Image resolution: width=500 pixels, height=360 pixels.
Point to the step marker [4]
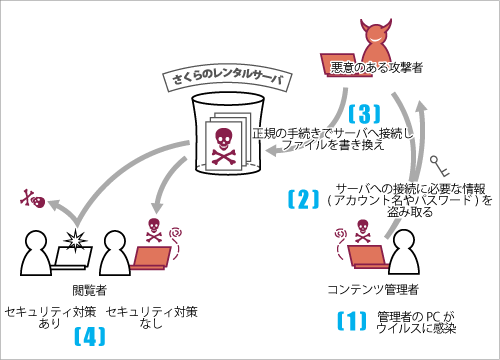pos(91,336)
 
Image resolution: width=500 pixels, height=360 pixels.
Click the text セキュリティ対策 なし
pos(151,319)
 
